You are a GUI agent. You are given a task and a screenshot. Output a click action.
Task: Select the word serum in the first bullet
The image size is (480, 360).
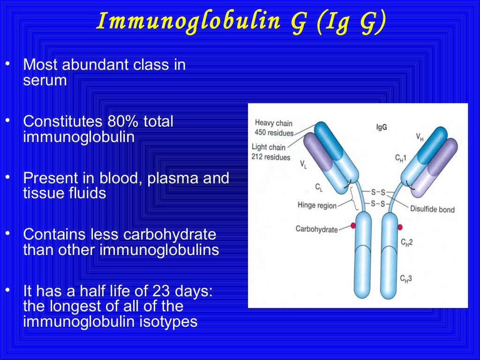pyautogui.click(x=45, y=81)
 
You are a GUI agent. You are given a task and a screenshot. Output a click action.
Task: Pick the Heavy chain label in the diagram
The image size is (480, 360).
pyautogui.click(x=274, y=123)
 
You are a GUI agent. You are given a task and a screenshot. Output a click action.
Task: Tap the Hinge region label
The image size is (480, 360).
pyautogui.click(x=317, y=205)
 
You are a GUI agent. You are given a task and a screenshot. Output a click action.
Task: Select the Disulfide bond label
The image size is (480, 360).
pyautogui.click(x=432, y=210)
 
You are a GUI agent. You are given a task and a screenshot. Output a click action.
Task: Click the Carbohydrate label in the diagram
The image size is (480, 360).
pyautogui.click(x=317, y=229)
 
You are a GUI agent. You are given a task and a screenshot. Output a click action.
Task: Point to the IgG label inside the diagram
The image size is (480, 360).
pyautogui.click(x=381, y=127)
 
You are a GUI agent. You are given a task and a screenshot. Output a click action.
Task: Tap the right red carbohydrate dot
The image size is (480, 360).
pyautogui.click(x=400, y=227)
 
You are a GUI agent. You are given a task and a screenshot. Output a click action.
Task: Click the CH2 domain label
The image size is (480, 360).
pyautogui.click(x=406, y=242)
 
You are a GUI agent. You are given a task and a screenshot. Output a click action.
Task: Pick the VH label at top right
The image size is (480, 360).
pyautogui.click(x=421, y=137)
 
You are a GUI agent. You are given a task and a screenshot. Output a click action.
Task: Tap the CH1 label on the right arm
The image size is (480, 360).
pyautogui.click(x=401, y=158)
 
